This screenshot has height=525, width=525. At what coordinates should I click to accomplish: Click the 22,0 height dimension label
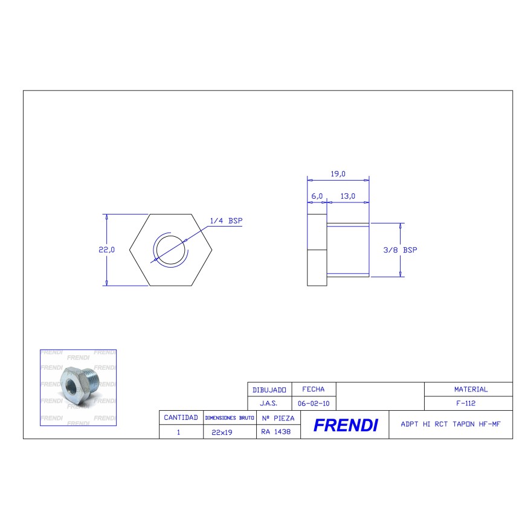(106, 250)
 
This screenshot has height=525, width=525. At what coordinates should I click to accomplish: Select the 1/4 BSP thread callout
(226, 221)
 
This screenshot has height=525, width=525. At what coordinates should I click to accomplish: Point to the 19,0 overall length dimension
(338, 174)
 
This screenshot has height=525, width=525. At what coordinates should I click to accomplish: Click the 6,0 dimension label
(317, 196)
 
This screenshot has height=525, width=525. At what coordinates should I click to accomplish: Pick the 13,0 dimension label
(347, 196)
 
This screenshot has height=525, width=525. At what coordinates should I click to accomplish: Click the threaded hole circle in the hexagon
(170, 250)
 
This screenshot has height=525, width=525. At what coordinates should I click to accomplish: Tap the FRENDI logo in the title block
(346, 425)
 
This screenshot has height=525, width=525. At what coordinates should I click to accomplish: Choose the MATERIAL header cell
(471, 390)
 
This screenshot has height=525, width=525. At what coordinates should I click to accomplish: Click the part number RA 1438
(277, 432)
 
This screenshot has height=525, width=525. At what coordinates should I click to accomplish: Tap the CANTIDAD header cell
(181, 417)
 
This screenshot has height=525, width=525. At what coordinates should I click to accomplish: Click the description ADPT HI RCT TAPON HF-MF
(450, 424)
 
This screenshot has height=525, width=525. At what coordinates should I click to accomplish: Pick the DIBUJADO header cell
(269, 390)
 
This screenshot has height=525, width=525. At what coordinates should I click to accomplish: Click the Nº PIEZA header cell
(278, 417)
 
